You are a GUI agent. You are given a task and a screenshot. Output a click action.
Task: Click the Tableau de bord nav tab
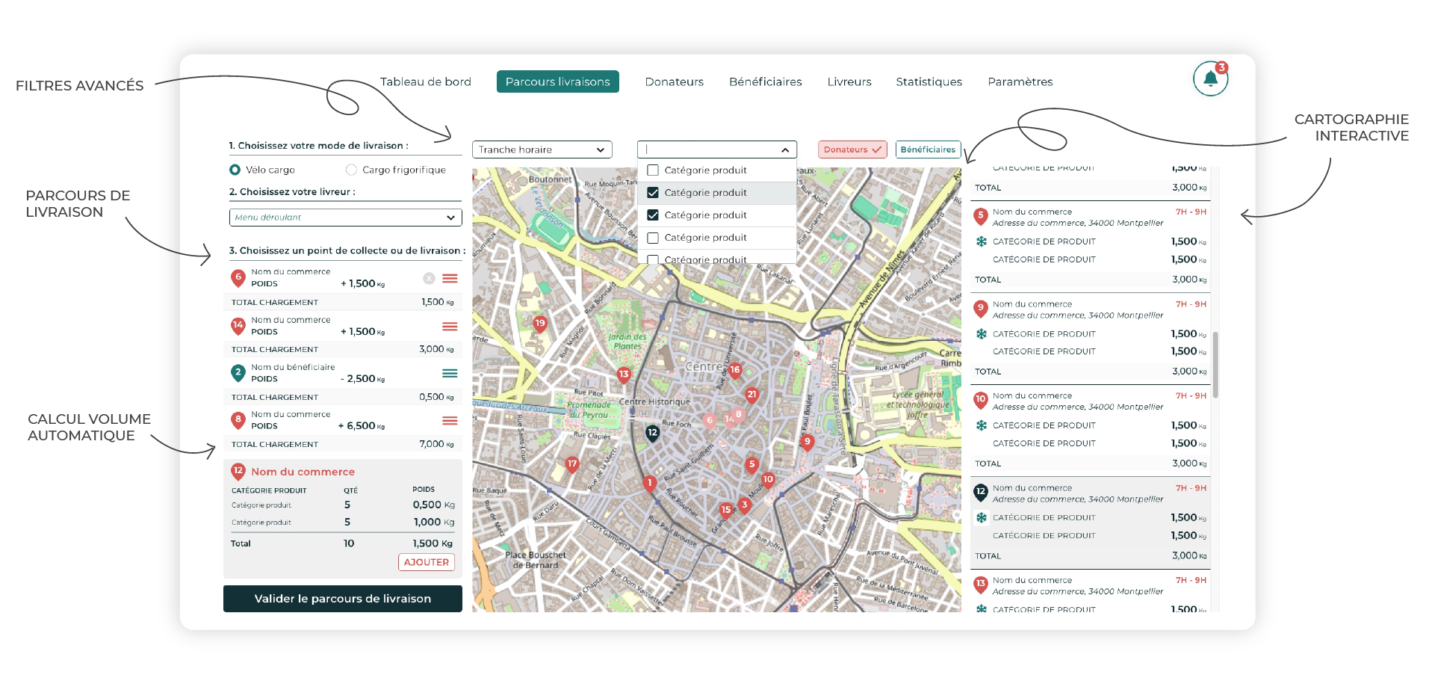(x=425, y=81)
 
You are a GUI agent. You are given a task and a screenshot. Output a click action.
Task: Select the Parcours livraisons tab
(x=557, y=81)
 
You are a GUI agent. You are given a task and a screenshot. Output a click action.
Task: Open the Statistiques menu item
(x=929, y=81)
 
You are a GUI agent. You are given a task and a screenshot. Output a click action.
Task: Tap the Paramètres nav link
(x=1020, y=81)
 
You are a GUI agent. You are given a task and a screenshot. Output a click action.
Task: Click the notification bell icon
(x=1210, y=79)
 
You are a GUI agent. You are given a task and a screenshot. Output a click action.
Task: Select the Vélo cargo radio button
(x=235, y=170)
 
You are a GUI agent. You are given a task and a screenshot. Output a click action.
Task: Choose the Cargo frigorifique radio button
(x=351, y=170)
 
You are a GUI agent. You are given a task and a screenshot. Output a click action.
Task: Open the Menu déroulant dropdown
(x=345, y=218)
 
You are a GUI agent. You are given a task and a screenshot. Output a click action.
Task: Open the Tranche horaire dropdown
(x=542, y=150)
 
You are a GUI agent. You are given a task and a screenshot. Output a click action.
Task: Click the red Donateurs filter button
(x=852, y=150)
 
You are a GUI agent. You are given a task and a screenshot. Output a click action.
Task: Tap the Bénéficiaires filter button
(x=928, y=150)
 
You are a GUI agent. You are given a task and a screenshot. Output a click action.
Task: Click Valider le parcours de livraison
(x=342, y=599)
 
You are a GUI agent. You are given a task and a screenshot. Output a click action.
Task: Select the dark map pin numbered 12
(x=652, y=433)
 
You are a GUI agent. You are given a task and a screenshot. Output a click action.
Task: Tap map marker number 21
(x=751, y=395)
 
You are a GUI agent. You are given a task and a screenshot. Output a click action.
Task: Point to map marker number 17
(x=572, y=464)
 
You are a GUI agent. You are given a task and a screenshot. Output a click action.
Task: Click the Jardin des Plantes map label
(x=627, y=342)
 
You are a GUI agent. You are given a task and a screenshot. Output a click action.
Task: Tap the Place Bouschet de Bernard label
(x=536, y=560)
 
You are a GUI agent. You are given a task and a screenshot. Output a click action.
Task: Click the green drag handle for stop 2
(x=450, y=373)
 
